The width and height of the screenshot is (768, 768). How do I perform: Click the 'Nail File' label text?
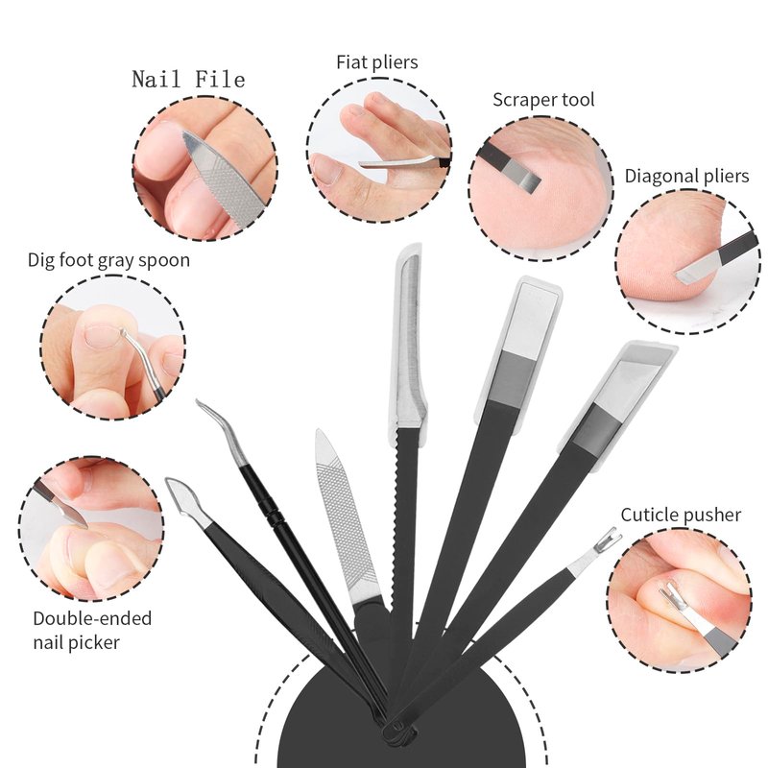tap(188, 79)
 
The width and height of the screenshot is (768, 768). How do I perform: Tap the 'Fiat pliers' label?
tap(377, 62)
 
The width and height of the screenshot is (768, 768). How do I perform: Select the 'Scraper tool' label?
tap(543, 100)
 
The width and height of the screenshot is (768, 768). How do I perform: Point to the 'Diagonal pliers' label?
tap(686, 176)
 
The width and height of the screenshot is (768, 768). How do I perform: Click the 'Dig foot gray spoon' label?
tap(108, 260)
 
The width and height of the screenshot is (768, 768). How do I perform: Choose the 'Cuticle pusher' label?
tap(681, 516)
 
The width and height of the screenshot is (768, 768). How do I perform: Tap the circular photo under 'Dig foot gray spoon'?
tap(112, 347)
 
